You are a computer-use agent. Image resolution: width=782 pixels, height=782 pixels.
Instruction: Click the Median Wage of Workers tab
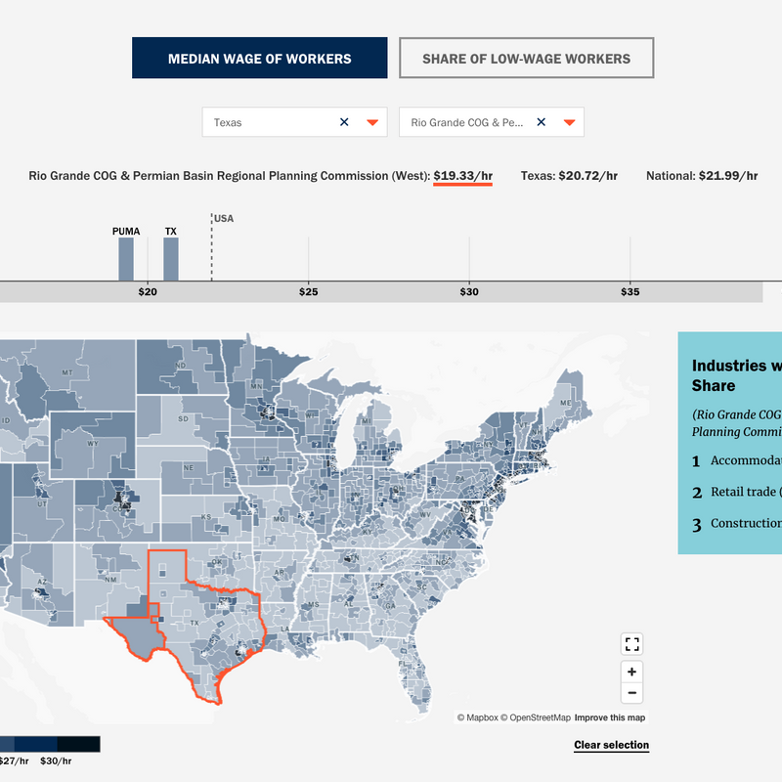(259, 59)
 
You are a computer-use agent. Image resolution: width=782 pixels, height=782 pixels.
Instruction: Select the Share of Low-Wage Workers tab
(526, 59)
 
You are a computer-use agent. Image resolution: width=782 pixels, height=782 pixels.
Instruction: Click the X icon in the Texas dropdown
(344, 122)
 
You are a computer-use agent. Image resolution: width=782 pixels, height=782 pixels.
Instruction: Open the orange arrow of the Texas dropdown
(372, 122)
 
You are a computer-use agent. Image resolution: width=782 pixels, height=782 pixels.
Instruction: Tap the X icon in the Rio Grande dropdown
(541, 122)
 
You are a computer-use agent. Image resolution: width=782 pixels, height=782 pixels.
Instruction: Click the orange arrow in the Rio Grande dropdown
(569, 122)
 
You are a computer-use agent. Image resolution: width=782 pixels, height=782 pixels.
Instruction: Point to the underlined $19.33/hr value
(463, 176)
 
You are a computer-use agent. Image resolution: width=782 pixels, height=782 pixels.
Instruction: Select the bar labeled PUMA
(126, 259)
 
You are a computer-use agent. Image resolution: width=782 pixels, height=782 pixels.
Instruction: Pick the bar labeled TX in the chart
(171, 259)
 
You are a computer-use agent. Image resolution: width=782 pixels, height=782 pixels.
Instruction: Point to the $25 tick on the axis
(309, 292)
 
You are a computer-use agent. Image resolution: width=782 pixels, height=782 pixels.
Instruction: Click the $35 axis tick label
(630, 292)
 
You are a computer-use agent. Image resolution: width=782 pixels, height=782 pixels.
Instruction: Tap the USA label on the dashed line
(224, 218)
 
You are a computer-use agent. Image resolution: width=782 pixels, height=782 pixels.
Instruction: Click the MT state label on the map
(67, 373)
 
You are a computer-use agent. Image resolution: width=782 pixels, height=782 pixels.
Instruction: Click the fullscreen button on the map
(632, 643)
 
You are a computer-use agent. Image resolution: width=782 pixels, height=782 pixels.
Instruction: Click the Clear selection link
(611, 745)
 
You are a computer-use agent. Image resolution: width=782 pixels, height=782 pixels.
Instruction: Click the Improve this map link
(609, 717)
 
